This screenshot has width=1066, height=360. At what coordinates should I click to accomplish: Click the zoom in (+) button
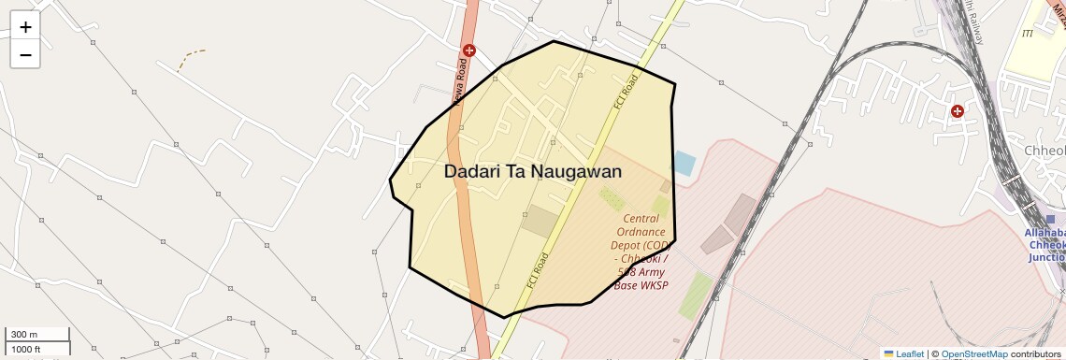(25, 27)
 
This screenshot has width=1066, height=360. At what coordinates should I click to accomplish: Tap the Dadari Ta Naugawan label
(532, 172)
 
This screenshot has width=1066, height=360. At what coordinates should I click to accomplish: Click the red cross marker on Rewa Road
(469, 50)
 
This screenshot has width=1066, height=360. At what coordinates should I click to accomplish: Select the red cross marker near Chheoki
(958, 111)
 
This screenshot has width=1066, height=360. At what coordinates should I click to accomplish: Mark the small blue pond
(684, 164)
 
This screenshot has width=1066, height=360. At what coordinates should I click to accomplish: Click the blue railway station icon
(1050, 219)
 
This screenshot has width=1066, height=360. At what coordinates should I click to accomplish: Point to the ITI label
(1028, 33)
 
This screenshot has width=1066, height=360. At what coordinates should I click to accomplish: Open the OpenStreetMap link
(973, 353)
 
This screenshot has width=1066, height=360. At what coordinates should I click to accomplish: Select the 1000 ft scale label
(26, 349)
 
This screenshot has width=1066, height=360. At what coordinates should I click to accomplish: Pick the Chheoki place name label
(1044, 151)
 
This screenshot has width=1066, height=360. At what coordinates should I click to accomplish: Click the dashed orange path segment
(192, 58)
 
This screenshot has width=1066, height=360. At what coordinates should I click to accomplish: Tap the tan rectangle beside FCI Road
(540, 221)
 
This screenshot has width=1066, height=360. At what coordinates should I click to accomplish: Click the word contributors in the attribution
(1037, 353)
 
